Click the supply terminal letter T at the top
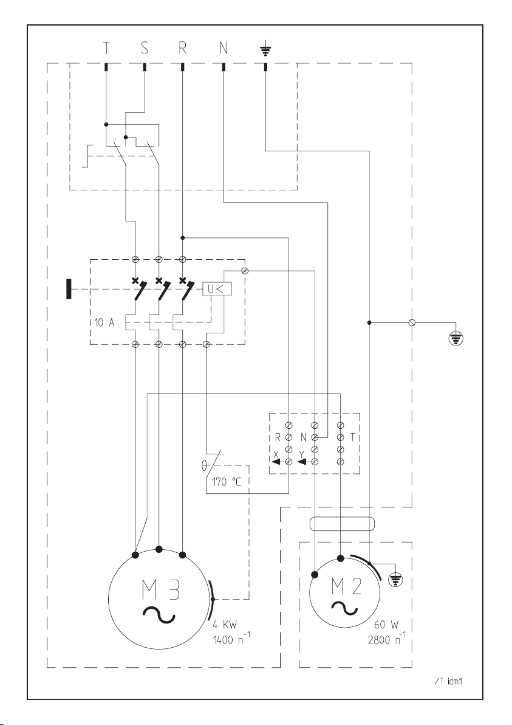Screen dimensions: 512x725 point(106,47)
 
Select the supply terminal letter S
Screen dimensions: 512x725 point(145,47)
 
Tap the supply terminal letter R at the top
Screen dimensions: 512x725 point(182,47)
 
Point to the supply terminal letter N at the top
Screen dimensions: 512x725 point(224,47)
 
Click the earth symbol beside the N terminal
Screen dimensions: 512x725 point(265,49)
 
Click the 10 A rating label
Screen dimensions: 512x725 point(104,323)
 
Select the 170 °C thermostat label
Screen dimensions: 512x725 point(226,482)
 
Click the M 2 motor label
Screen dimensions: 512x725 point(346,586)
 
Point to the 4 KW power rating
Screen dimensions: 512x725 point(225,625)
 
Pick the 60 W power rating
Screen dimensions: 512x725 point(386,625)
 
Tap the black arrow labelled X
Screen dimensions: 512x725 point(278,462)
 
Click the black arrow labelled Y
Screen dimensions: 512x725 point(304,462)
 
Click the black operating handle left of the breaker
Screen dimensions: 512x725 point(69,289)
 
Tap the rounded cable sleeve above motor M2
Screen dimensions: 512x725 point(341,524)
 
